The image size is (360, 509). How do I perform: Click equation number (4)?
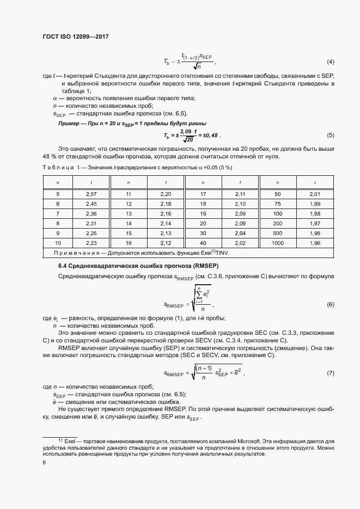[330, 61]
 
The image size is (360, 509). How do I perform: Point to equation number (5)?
[330, 136]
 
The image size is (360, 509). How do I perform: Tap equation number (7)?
[330, 373]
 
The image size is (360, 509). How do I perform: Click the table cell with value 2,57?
[91, 194]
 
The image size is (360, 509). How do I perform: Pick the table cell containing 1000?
[277, 243]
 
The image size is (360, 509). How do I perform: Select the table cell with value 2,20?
[166, 194]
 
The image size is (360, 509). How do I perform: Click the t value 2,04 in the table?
[240, 233]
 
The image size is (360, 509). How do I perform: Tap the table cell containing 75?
[277, 204]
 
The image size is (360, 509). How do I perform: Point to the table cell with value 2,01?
[314, 194]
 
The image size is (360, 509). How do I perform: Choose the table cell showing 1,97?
[314, 223]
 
